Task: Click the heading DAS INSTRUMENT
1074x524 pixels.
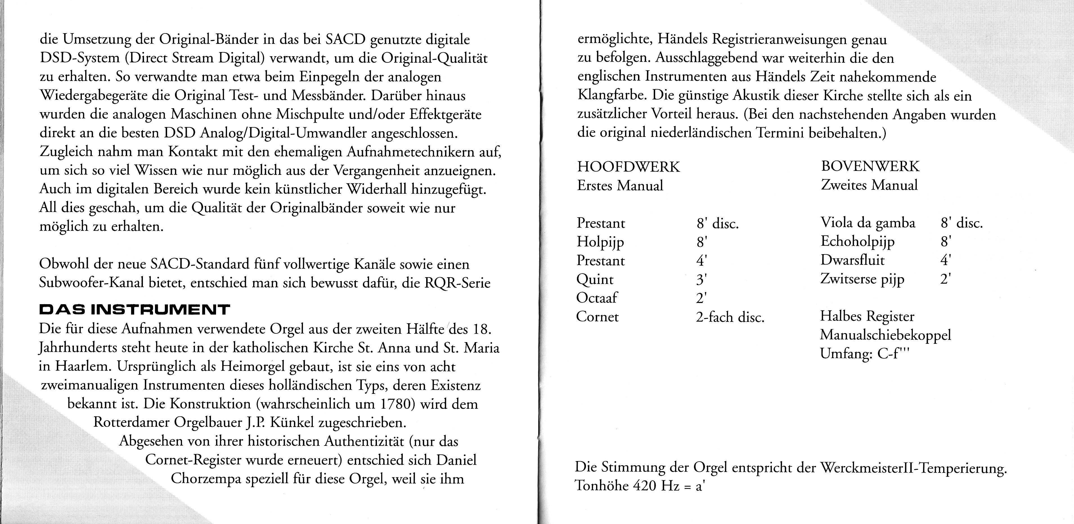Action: [134, 310]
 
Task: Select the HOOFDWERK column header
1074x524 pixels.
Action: [628, 167]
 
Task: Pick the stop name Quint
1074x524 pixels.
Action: [595, 279]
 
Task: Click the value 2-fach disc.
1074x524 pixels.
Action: [730, 317]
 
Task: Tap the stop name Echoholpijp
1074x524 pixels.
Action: [857, 241]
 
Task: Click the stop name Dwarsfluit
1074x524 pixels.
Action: [852, 260]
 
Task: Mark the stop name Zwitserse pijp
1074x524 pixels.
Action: [862, 279]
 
